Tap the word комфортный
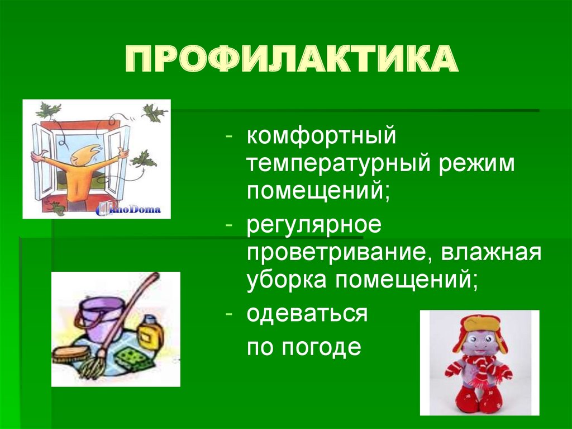coord(322,136)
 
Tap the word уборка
coord(287,280)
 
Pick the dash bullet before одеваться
coord(230,315)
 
